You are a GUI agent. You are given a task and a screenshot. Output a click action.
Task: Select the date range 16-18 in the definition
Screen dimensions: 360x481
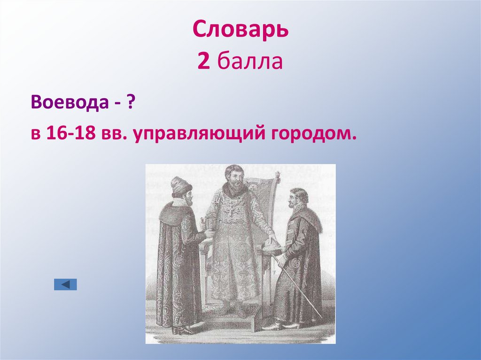(71, 134)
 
